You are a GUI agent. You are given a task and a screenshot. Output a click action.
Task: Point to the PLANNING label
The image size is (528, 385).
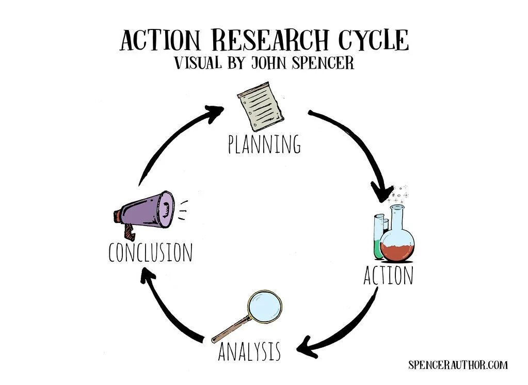click(264, 145)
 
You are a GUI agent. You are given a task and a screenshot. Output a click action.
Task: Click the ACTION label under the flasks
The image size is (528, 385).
click(388, 276)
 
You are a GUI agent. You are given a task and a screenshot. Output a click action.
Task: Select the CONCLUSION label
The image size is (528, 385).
click(150, 253)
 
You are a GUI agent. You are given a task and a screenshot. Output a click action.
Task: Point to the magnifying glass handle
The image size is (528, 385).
click(230, 329)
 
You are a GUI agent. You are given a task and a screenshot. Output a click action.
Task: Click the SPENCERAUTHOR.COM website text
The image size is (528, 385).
click(458, 365)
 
